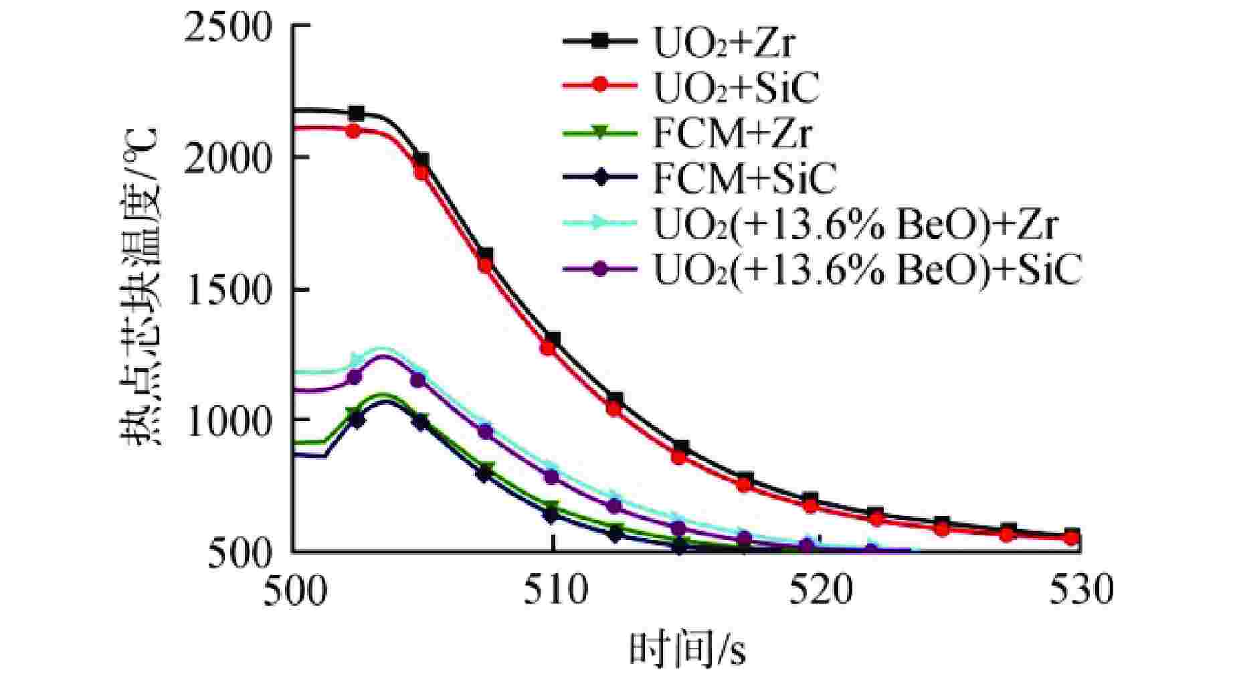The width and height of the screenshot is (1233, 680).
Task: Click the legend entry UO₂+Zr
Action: [724, 44]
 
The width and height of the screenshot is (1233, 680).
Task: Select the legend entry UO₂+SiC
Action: [735, 88]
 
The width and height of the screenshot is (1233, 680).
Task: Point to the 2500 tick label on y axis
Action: [228, 27]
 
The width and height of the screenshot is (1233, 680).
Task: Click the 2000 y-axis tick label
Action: [228, 158]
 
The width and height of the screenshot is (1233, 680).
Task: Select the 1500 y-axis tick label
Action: [228, 289]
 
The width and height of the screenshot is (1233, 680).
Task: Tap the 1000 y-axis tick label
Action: [228, 420]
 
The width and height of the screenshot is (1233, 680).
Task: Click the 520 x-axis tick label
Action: [814, 590]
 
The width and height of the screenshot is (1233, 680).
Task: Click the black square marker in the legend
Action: [600, 41]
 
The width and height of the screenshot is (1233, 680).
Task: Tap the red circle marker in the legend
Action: [600, 87]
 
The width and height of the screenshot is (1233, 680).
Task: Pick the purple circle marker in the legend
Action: [600, 268]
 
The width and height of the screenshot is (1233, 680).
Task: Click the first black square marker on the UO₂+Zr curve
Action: [357, 113]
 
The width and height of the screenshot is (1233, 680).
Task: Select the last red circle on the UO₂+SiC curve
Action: [1071, 537]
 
